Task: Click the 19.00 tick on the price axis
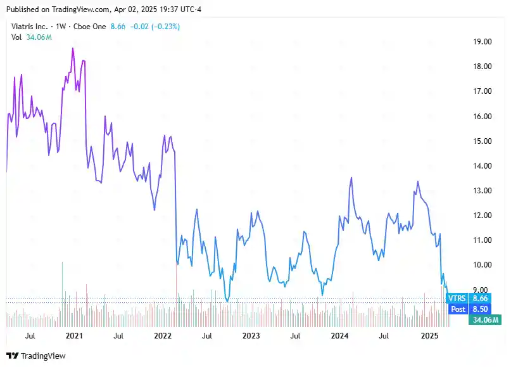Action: [x=483, y=42]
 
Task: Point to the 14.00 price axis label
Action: [x=483, y=166]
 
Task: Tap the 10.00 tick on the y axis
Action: [x=483, y=265]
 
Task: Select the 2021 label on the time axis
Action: [x=74, y=335]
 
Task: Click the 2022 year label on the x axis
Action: [x=163, y=335]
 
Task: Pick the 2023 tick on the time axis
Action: [x=251, y=335]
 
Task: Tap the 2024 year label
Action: [x=341, y=335]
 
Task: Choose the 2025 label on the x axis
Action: [x=429, y=335]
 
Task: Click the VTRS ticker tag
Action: [x=458, y=298]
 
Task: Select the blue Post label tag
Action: [x=458, y=309]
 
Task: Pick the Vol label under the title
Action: [x=17, y=37]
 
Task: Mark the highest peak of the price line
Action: [x=73, y=49]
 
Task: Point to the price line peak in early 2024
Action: [x=351, y=178]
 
